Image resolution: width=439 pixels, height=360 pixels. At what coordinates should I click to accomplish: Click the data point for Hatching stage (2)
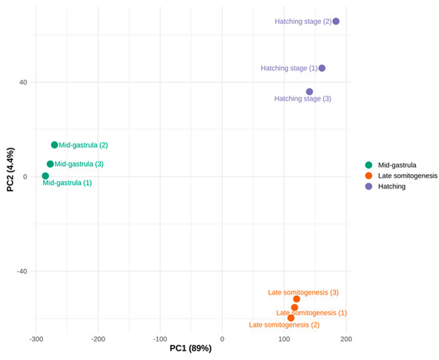(336, 22)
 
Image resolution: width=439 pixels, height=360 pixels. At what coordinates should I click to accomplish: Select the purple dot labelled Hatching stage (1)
(322, 68)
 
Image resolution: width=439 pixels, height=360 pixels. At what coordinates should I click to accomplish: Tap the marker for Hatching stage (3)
(310, 92)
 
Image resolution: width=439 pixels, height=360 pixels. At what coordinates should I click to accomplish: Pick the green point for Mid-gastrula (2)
(54, 144)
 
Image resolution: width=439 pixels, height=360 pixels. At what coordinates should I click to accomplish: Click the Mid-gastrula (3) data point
(50, 164)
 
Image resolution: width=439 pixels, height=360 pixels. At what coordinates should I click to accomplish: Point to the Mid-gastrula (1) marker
(45, 176)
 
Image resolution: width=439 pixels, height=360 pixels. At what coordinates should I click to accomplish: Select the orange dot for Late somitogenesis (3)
(296, 299)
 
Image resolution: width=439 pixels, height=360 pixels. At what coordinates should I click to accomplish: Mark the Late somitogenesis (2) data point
(291, 318)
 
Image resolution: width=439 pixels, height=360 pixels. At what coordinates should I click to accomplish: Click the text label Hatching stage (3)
(303, 99)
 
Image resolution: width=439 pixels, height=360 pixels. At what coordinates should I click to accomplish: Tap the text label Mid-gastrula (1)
(67, 183)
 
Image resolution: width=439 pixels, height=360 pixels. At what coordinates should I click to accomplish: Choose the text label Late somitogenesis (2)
(284, 325)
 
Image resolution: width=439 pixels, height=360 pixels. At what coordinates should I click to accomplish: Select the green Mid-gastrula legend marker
(369, 165)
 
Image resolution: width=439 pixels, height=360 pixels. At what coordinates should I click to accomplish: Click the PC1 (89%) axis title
(191, 349)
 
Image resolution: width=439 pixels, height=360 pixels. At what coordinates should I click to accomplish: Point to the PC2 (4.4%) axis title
(10, 170)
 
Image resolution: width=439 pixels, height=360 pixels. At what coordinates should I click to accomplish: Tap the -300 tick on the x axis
(36, 339)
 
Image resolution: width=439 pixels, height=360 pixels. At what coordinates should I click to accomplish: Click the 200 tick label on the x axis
(346, 339)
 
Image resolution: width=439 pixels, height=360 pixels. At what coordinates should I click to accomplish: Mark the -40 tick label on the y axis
(22, 271)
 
